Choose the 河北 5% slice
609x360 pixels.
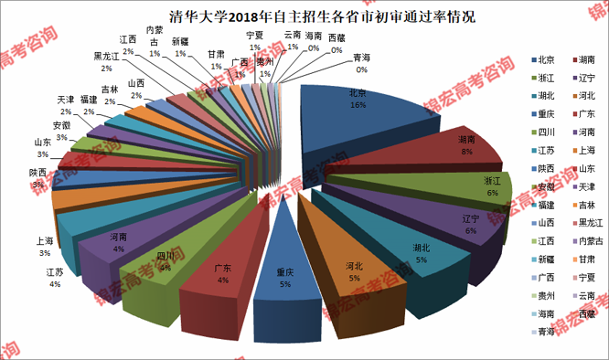[x=352, y=270]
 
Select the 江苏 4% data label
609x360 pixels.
[x=54, y=278]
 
